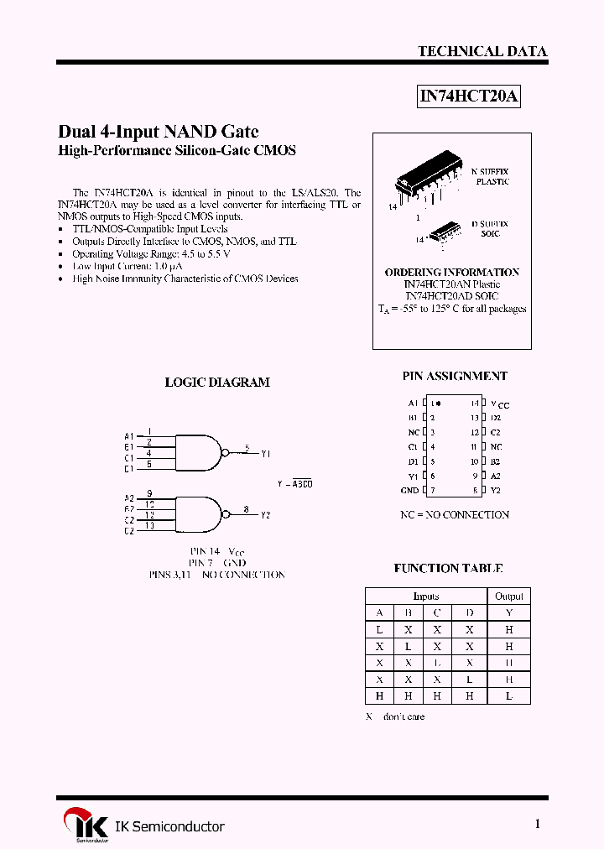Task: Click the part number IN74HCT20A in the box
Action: pyautogui.click(x=469, y=96)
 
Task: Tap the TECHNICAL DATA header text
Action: pyautogui.click(x=482, y=51)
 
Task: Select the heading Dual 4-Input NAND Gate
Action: pyautogui.click(x=158, y=131)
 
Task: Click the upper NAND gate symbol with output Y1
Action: pyautogui.click(x=199, y=451)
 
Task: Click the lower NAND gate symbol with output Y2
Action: pyautogui.click(x=199, y=513)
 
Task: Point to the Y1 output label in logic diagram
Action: pyautogui.click(x=265, y=453)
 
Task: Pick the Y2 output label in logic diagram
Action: pyautogui.click(x=265, y=515)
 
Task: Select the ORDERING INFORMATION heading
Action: pyautogui.click(x=451, y=272)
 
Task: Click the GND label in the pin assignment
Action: pyautogui.click(x=409, y=490)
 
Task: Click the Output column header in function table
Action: pyautogui.click(x=508, y=596)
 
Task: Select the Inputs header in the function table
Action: pyautogui.click(x=426, y=596)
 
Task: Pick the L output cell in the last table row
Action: pyautogui.click(x=508, y=695)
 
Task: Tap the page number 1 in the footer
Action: pyautogui.click(x=538, y=824)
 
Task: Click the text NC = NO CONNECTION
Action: pyautogui.click(x=454, y=514)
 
